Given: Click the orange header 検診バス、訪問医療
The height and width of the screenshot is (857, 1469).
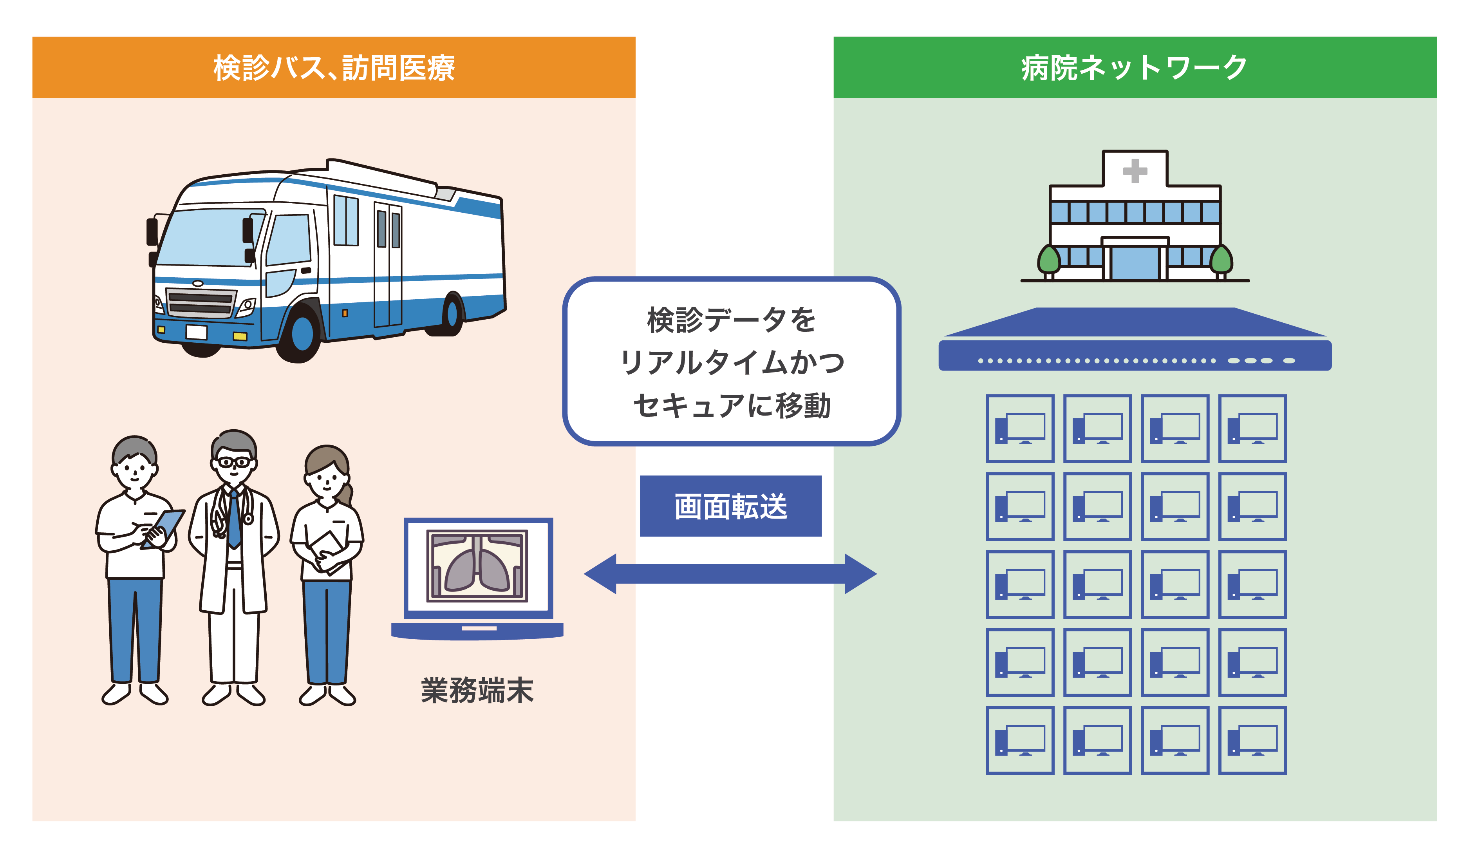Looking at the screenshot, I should [333, 68].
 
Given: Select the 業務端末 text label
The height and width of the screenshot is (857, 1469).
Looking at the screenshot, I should [477, 691].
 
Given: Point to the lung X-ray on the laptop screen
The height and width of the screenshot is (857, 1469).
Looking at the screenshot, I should [477, 566].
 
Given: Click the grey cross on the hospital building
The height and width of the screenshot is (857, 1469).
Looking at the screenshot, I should [1135, 171].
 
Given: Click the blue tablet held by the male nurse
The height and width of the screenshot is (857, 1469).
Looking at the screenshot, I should [164, 527].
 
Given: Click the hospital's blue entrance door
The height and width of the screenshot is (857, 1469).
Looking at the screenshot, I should [1135, 264].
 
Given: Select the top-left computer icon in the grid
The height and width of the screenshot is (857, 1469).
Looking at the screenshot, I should [1019, 428].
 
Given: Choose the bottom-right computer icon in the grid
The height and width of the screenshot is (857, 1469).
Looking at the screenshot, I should [1252, 740].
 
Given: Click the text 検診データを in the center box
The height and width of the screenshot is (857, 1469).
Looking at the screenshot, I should [731, 320].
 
